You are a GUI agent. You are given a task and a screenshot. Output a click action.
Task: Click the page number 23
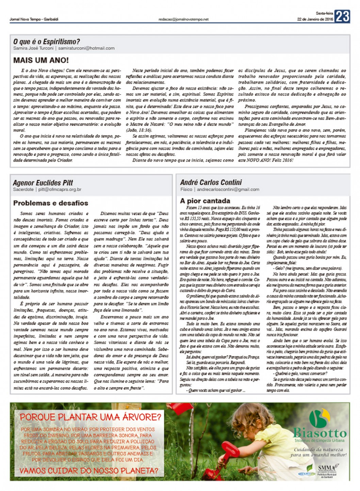coord(342,16)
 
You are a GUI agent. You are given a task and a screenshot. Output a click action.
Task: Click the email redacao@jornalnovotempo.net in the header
coord(183,19)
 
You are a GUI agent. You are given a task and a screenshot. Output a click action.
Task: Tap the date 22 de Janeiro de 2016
coord(315,19)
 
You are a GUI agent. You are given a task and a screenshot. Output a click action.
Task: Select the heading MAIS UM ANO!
coord(41,61)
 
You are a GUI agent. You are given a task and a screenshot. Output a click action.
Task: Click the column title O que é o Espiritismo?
coord(47,42)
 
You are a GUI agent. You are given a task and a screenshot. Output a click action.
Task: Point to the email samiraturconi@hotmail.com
coord(86,48)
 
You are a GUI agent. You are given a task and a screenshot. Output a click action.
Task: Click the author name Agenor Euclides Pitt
coord(43,183)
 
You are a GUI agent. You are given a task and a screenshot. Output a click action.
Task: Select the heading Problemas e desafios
coord(51,203)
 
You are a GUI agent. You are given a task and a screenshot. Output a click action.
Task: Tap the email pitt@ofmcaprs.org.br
coord(60,190)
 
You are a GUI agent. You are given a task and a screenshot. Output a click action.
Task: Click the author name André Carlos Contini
coord(211,182)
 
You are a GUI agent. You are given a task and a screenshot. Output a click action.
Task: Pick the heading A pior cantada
coord(205,201)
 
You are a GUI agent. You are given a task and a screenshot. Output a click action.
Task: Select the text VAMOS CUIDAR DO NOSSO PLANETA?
coord(89,471)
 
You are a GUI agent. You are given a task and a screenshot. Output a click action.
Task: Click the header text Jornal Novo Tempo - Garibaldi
coord(34,19)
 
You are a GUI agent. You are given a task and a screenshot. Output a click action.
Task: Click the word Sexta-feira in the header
coord(323,13)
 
